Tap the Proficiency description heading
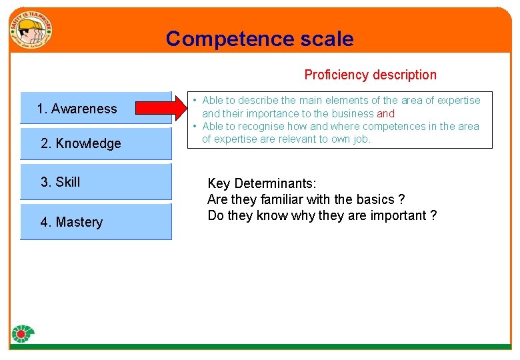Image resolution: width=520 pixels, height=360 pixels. [370, 75]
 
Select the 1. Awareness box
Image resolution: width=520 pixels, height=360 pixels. [95, 108]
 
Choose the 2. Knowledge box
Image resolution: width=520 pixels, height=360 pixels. [95, 143]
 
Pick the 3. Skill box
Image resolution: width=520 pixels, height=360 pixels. [95, 181]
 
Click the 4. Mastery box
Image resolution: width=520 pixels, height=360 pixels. [95, 222]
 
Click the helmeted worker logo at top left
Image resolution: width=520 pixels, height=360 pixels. [30, 31]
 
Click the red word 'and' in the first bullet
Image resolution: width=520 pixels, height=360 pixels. [385, 113]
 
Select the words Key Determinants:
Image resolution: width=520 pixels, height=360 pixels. [262, 183]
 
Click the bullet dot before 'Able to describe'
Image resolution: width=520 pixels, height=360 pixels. [194, 101]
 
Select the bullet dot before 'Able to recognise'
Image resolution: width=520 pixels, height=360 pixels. [194, 126]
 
